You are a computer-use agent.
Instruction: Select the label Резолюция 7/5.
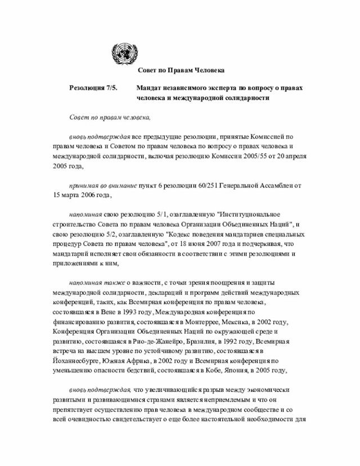[x=93, y=88]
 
